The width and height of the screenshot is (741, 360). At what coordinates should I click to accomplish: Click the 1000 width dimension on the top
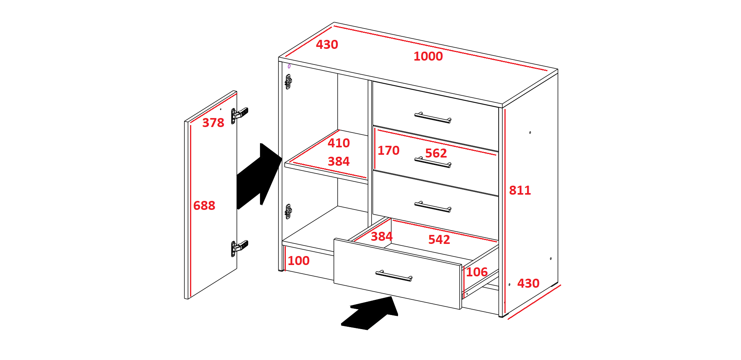point(428,56)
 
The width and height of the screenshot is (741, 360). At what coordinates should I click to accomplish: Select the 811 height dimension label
point(520,190)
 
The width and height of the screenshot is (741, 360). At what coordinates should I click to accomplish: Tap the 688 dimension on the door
point(204,206)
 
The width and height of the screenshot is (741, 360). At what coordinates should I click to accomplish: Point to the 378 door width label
point(213,123)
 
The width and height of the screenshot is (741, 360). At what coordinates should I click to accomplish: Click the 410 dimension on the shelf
point(339,143)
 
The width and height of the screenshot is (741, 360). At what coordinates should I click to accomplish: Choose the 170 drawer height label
point(388,150)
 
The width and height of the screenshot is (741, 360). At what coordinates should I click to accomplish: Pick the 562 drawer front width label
point(436,153)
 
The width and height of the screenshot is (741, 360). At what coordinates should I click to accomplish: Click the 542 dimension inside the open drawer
point(439,240)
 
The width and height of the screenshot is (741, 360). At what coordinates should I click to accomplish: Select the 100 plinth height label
point(299,261)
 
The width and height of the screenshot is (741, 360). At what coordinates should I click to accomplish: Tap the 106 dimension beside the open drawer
point(477,272)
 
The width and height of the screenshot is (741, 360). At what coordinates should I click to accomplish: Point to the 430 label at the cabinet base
point(528,283)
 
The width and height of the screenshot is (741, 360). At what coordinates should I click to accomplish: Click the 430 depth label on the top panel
point(327,45)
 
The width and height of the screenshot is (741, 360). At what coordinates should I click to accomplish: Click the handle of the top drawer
point(433,118)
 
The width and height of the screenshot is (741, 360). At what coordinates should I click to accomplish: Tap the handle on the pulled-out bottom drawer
point(394,276)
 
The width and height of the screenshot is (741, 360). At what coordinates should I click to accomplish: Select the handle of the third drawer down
point(433,207)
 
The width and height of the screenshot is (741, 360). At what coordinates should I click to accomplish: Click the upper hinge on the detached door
point(239,115)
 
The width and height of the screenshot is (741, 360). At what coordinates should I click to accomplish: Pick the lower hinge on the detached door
point(239,248)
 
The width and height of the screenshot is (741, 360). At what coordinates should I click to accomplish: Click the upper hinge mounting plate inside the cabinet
point(288,82)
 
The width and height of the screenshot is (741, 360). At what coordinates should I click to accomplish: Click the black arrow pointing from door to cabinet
point(259,176)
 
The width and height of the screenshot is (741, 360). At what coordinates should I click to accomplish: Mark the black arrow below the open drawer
point(370,313)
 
